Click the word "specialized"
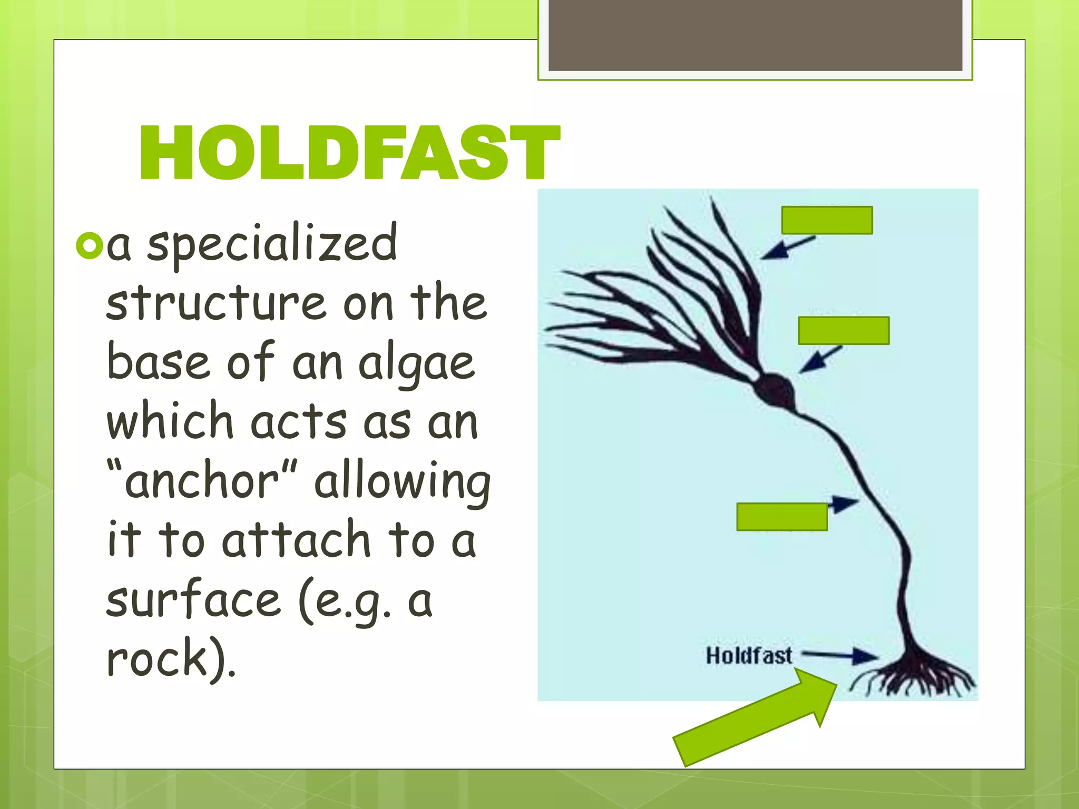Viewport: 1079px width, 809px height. click(272, 243)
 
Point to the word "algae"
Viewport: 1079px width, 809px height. click(416, 363)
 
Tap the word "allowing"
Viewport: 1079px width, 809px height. click(403, 482)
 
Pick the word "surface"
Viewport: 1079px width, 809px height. click(194, 600)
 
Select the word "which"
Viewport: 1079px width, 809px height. click(170, 421)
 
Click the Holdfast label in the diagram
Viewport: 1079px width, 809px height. click(749, 656)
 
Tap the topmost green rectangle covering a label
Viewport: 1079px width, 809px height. click(827, 220)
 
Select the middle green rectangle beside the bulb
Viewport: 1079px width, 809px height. click(843, 331)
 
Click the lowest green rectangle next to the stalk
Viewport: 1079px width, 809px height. click(782, 517)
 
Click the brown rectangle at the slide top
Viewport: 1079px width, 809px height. click(755, 35)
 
